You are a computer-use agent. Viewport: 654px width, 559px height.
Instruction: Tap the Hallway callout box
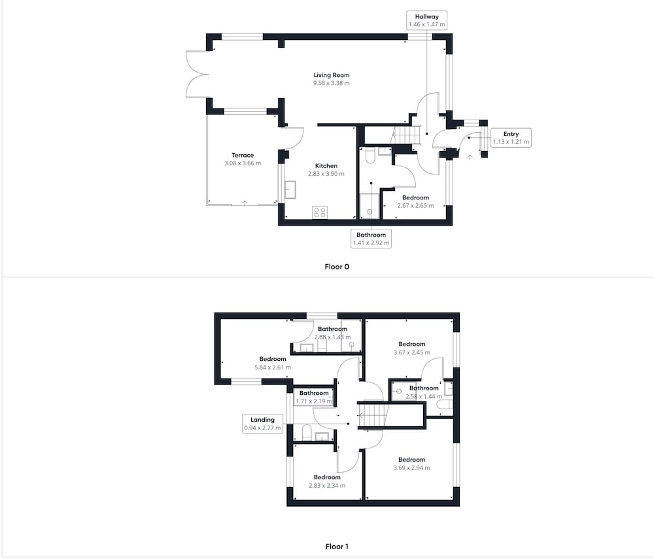tap(426, 20)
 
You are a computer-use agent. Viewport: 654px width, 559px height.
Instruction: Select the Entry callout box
tap(511, 137)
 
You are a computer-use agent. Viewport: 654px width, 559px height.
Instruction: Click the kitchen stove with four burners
tap(320, 212)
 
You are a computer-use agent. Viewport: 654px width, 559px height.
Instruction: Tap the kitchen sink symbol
tap(290, 190)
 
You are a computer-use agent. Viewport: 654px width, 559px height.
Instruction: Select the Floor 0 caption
tap(337, 267)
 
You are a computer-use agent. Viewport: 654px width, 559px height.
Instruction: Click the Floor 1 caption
tap(337, 547)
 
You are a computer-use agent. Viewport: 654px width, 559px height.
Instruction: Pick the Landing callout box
tap(262, 424)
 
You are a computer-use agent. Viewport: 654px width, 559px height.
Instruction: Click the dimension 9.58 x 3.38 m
tap(331, 83)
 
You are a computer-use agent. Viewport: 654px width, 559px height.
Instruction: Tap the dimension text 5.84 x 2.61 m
tap(273, 367)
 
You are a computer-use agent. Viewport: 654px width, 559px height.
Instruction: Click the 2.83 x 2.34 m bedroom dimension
tap(327, 486)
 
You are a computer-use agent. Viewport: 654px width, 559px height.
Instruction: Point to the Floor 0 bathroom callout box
tap(371, 239)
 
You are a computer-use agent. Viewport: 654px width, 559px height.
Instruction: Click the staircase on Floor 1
tap(373, 415)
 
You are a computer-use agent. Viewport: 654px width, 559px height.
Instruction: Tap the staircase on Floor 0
tap(403, 135)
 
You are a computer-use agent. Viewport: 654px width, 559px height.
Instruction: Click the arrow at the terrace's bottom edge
tap(245, 203)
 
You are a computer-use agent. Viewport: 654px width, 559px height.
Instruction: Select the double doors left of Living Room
tap(197, 75)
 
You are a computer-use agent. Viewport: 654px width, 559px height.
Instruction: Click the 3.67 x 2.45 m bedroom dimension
tap(411, 352)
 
